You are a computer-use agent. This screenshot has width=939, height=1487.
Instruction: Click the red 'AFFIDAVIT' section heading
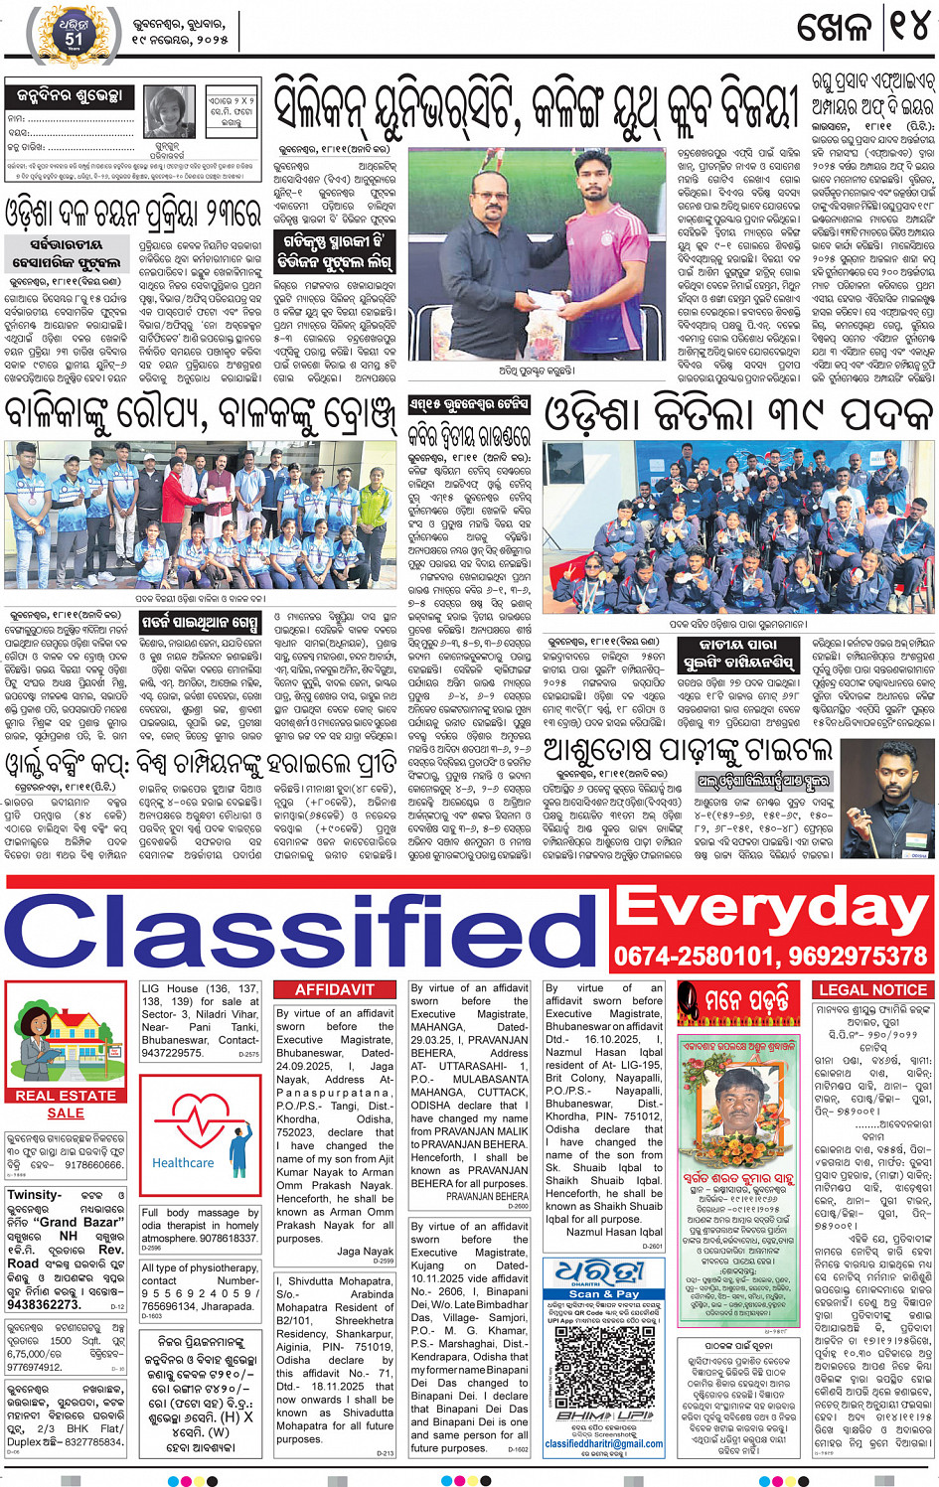click(335, 990)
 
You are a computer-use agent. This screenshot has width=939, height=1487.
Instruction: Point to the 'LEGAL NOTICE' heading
click(872, 990)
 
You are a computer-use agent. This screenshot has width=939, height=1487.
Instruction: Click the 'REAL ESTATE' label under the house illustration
click(66, 1096)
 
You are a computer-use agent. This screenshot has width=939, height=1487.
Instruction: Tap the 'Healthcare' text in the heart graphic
click(182, 1162)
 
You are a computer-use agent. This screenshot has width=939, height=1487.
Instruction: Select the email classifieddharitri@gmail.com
click(603, 1444)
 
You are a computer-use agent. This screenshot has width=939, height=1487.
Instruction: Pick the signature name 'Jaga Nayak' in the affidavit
click(365, 1252)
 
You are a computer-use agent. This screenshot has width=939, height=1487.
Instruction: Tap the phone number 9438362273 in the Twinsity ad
click(45, 1304)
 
